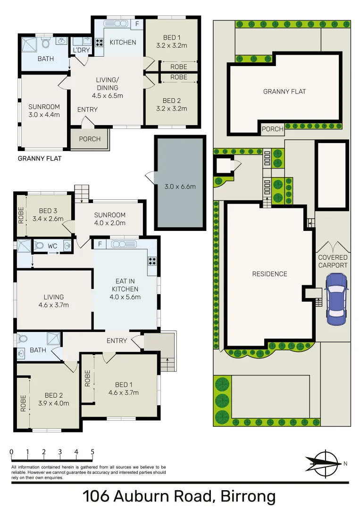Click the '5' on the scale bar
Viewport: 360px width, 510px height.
pyautogui.click(x=92, y=452)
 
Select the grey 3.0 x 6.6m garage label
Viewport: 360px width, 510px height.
pyautogui.click(x=180, y=186)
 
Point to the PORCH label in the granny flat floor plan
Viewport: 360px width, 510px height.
pyautogui.click(x=90, y=139)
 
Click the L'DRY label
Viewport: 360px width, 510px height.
pyautogui.click(x=78, y=50)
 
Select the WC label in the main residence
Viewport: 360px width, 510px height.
pyautogui.click(x=52, y=246)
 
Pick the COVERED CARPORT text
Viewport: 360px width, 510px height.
pyautogui.click(x=333, y=261)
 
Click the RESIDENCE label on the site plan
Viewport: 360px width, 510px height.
pyautogui.click(x=269, y=274)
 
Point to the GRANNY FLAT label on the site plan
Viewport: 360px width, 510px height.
pyautogui.click(x=285, y=91)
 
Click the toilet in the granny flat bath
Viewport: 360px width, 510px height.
pyautogui.click(x=46, y=43)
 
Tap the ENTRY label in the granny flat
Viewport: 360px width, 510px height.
pyautogui.click(x=87, y=110)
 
